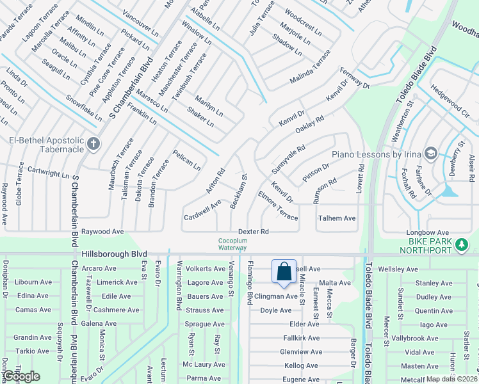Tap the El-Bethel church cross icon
point(93,143)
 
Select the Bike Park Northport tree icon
point(460,244)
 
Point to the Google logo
point(22,376)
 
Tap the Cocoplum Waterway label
point(232,244)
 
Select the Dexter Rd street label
point(253,231)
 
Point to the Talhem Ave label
point(336,218)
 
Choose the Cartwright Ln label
point(48,173)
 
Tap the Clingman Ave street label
point(276,296)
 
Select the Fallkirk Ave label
point(301,338)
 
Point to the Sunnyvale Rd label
point(288,155)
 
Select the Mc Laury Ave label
point(204,364)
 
